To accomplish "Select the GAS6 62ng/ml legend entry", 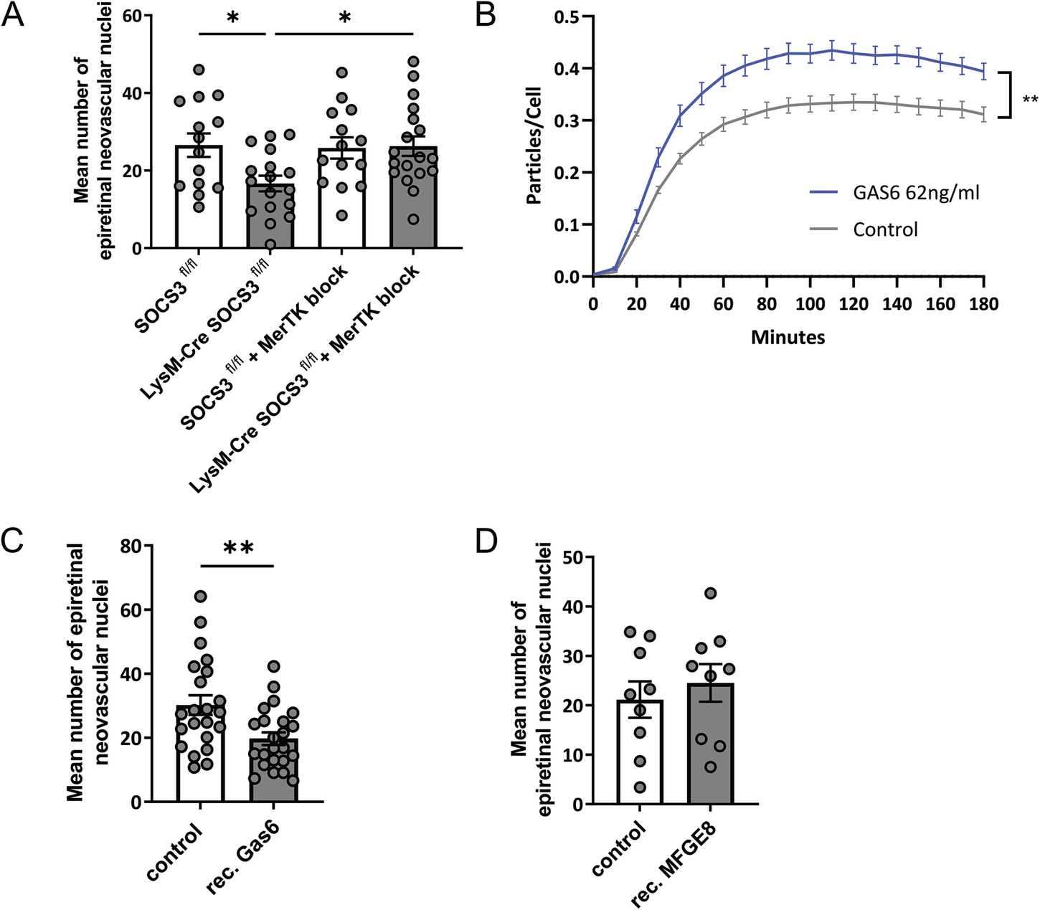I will tap(916, 192).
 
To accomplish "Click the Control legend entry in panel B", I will tap(885, 229).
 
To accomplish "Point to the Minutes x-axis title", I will tap(788, 337).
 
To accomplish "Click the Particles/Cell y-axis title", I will tap(534, 146).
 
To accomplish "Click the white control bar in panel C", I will tap(200, 754).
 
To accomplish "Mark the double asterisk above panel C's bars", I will tap(238, 549).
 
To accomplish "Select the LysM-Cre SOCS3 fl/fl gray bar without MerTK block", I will tap(270, 216).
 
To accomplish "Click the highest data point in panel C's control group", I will tap(201, 596).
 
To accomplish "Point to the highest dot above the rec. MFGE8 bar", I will tap(710, 593).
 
